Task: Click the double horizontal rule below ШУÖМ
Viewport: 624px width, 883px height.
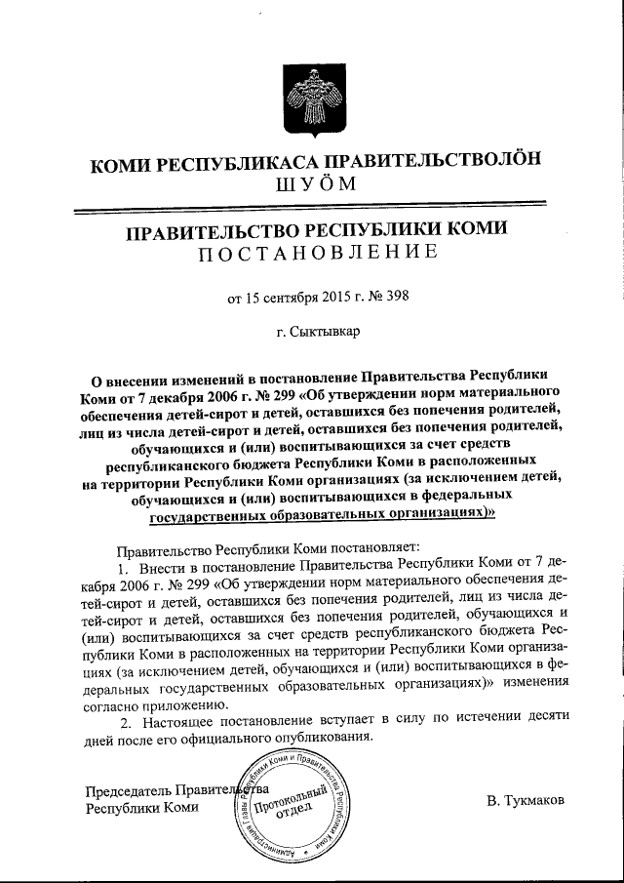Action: (x=312, y=209)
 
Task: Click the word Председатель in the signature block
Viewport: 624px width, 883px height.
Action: (x=129, y=790)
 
